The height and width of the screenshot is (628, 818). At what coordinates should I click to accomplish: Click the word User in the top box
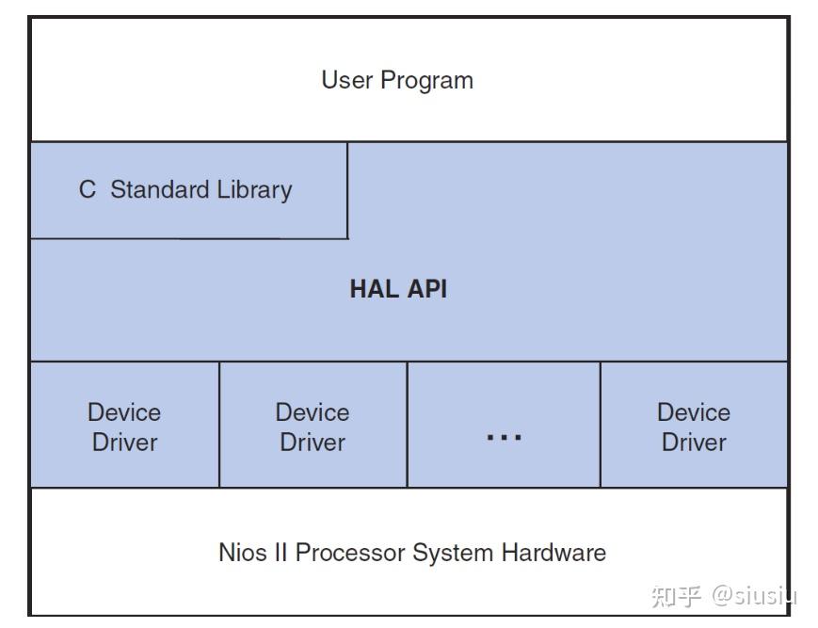[x=347, y=80]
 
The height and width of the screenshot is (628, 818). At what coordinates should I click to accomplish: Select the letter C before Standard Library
[x=88, y=189]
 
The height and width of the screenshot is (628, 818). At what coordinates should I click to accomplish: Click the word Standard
[x=160, y=189]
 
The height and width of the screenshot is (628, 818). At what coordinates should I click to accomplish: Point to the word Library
[x=254, y=190]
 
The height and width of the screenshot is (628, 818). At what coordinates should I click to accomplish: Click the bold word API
[x=428, y=288]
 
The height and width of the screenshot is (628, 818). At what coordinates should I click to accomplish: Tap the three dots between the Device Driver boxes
[x=504, y=437]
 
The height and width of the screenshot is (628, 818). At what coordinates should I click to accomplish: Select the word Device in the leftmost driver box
[x=124, y=412]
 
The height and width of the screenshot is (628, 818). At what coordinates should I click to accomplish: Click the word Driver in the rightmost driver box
[x=694, y=442]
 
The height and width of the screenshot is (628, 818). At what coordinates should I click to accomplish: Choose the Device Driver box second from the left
[x=313, y=426]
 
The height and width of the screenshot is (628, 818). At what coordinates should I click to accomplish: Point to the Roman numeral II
[x=281, y=552]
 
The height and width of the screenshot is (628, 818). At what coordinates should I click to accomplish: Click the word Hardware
[x=553, y=552]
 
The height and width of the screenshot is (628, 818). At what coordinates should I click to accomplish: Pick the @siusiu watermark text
[x=754, y=595]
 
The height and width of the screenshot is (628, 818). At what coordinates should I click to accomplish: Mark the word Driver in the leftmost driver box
[x=124, y=442]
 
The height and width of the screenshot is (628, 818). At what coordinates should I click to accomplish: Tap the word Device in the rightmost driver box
[x=694, y=412]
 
